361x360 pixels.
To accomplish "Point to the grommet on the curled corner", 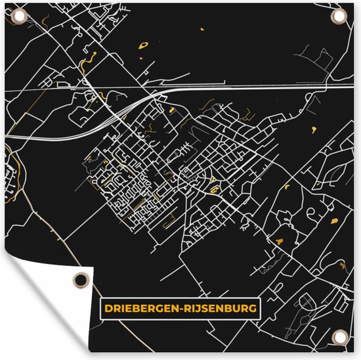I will (80, 279).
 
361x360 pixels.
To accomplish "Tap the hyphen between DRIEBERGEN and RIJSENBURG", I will (177, 307).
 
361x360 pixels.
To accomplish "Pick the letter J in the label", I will (192, 307).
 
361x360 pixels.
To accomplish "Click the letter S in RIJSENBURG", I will (200, 307).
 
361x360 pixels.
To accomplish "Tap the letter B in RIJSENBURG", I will (225, 307).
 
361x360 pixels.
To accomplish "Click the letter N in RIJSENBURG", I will (217, 307).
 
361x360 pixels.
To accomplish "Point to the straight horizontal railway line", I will (263, 87).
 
